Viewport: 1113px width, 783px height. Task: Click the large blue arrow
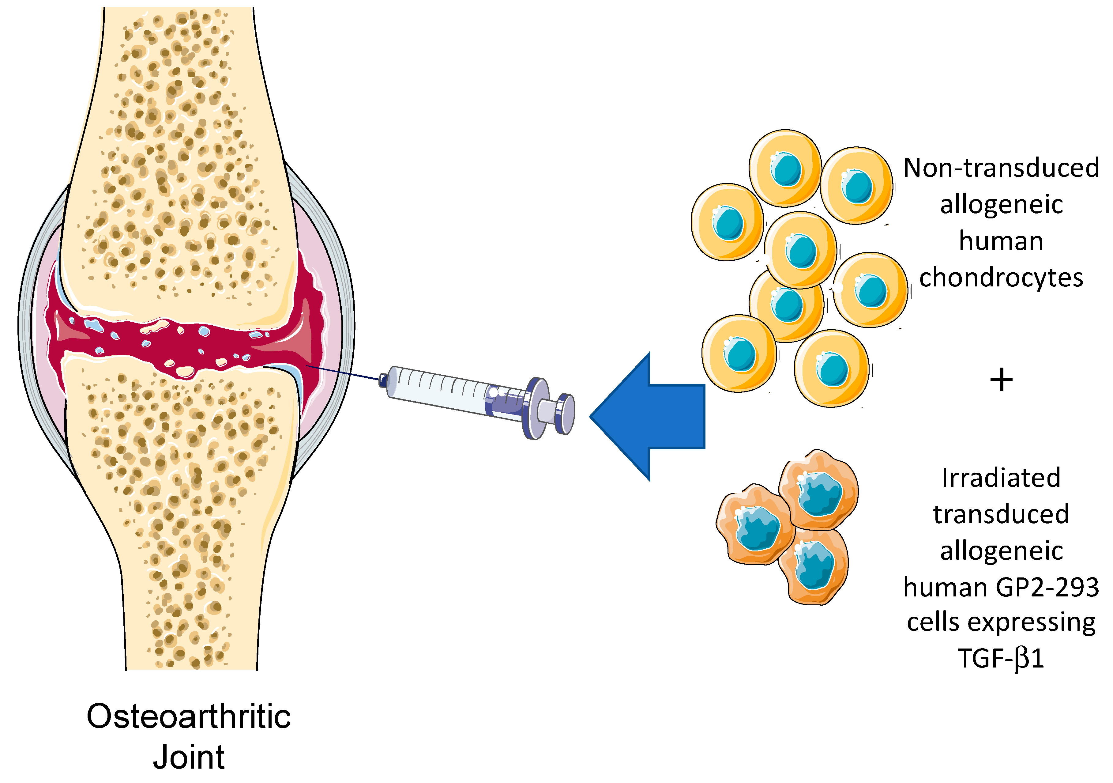coord(649,416)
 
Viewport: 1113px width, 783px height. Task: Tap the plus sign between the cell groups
coord(1001,380)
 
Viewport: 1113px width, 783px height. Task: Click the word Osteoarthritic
coord(189,717)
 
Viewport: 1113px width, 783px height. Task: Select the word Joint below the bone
coord(189,757)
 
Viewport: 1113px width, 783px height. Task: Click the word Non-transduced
coord(1001,168)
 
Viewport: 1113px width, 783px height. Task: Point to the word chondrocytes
coord(1001,278)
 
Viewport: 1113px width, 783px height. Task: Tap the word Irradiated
coord(1001,478)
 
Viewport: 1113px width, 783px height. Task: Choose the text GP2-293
coord(1047,588)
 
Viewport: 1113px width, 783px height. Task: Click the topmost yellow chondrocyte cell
coord(785,167)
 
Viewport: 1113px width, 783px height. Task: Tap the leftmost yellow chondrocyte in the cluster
coord(727,222)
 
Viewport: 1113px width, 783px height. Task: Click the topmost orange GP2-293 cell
coord(819,490)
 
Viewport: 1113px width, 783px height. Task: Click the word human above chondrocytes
coord(1001,241)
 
